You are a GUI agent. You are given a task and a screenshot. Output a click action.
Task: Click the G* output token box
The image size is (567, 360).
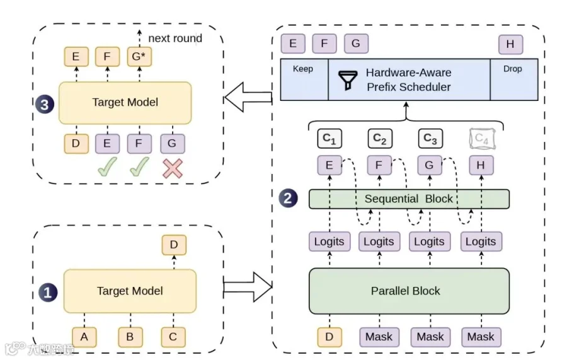139,57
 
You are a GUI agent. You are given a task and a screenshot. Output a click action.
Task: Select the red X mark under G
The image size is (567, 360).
173,168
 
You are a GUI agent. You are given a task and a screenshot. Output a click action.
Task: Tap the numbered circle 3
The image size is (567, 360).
45,104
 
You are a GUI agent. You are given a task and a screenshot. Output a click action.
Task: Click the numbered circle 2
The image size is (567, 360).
288,198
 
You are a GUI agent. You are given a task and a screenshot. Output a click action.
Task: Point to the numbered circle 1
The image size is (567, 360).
48,293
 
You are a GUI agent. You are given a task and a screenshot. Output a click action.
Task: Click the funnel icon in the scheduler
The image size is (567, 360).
348,80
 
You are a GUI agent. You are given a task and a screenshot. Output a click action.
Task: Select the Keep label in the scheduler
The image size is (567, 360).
302,69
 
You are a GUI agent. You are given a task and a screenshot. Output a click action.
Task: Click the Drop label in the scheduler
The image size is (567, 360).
512,69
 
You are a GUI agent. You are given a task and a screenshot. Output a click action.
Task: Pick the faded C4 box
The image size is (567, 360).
482,139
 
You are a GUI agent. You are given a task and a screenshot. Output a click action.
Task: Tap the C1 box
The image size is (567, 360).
329,139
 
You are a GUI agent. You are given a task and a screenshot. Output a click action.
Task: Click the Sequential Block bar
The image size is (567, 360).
409,199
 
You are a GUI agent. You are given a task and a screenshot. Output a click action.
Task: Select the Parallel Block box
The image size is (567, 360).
409,291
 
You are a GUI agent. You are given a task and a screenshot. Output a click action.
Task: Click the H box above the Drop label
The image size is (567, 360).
510,44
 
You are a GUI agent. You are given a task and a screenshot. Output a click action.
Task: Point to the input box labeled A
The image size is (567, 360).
84,337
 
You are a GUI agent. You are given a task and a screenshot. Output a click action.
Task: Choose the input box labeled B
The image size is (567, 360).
130,337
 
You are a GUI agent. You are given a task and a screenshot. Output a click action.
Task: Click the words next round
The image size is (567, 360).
175,38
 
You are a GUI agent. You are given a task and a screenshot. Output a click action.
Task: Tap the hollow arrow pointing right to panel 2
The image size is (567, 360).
248,287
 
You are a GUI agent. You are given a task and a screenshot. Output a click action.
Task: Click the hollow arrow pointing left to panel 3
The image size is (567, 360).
248,97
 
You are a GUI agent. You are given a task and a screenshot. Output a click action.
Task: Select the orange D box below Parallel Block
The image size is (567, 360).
329,337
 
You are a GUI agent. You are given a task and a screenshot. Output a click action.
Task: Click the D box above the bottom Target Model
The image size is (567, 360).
174,245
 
